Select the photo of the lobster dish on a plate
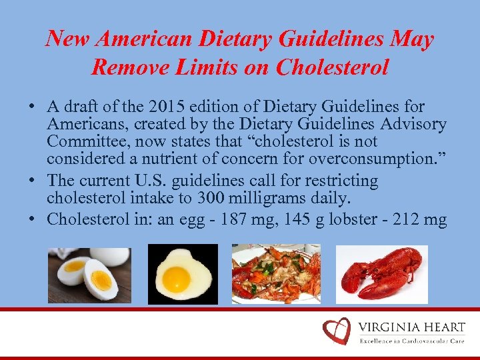pos(275,273)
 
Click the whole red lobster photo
pos(381,273)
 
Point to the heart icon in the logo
pos(335,331)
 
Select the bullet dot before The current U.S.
pos(33,181)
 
